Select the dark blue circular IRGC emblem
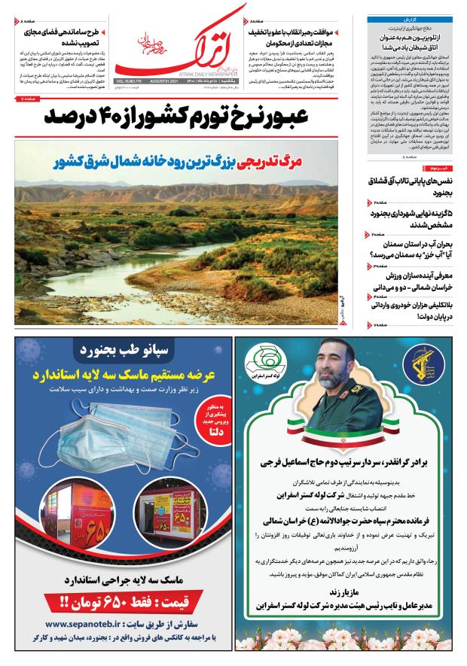pyautogui.click(x=428, y=373)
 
